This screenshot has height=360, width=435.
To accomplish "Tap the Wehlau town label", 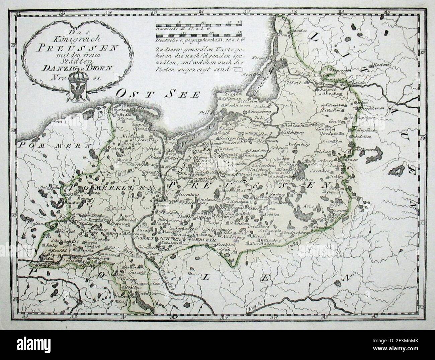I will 293,125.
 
